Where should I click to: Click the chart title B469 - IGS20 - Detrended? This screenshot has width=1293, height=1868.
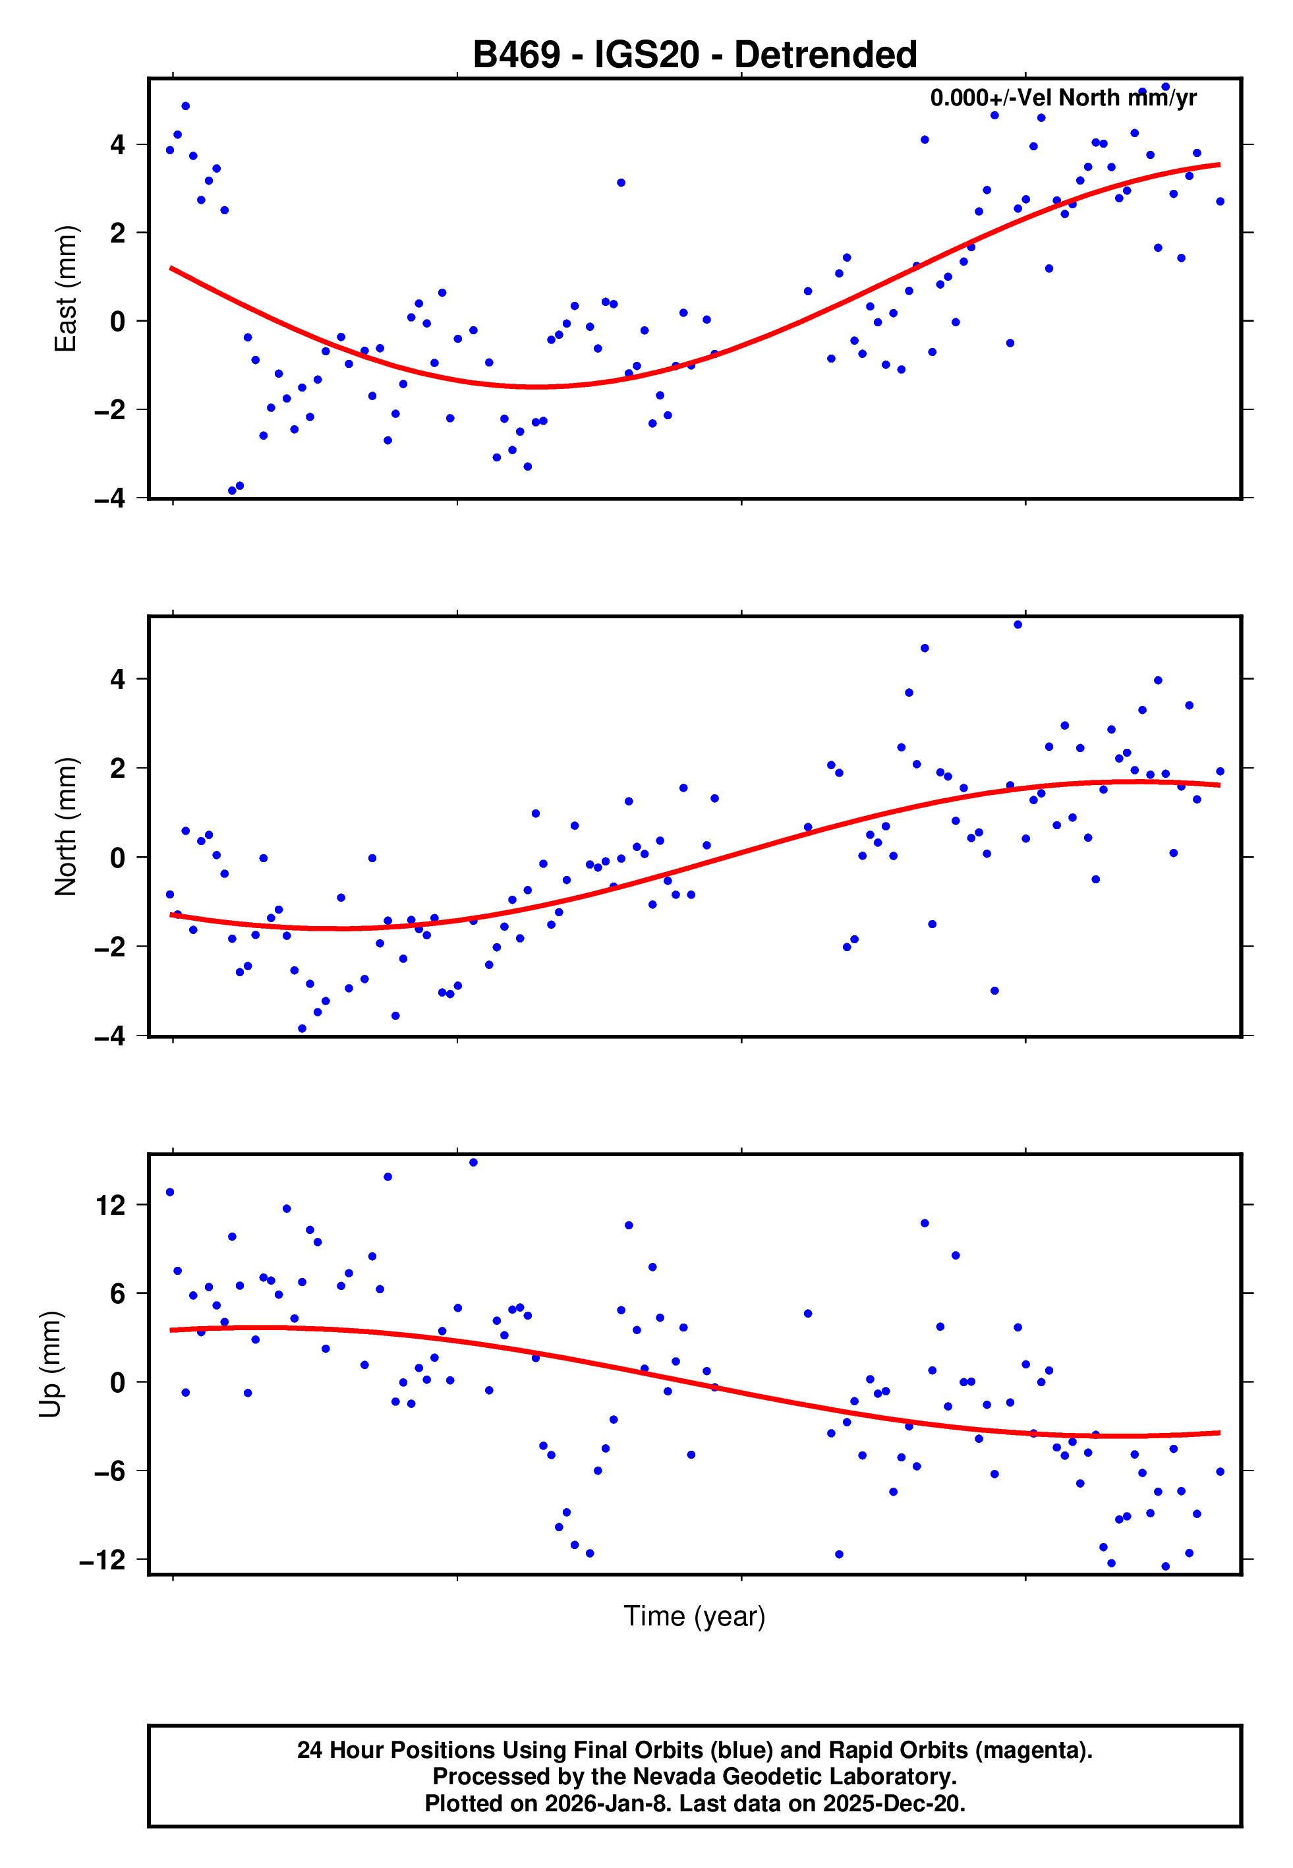[x=695, y=55]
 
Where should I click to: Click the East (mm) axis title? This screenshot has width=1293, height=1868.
[x=66, y=289]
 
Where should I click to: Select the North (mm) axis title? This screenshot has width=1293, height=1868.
[x=66, y=827]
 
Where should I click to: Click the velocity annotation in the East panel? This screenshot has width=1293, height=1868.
[x=1063, y=98]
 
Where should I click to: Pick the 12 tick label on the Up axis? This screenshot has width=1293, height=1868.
[x=111, y=1206]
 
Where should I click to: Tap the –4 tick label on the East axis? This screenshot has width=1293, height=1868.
[x=110, y=498]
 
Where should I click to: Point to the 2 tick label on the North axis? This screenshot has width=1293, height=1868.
[x=118, y=768]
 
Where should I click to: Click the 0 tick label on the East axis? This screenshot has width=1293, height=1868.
[x=118, y=322]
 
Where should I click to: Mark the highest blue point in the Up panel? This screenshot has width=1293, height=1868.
[x=473, y=1163]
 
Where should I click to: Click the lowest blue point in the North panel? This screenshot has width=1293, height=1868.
[x=302, y=1029]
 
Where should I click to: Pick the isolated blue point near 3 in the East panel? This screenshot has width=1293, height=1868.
[x=621, y=183]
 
